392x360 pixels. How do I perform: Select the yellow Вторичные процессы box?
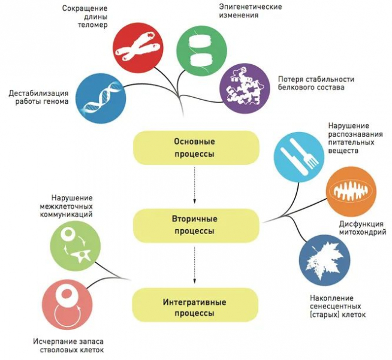(195, 224)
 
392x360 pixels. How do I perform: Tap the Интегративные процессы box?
(195, 304)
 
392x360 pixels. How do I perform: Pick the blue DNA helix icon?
(101, 98)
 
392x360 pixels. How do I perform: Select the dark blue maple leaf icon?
(324, 260)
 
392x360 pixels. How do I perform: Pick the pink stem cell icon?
(68, 305)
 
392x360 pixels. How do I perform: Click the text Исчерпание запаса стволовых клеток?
(64, 346)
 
